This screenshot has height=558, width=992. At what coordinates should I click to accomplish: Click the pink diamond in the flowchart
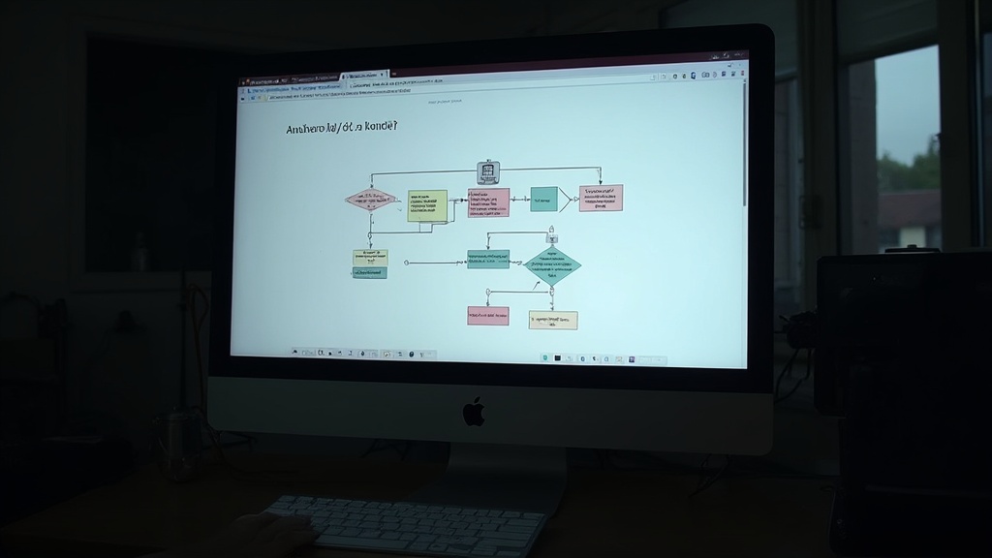tap(370, 200)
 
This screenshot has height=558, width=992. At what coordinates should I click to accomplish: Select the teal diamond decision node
tap(552, 266)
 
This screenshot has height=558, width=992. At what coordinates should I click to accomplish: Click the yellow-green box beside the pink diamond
tap(427, 205)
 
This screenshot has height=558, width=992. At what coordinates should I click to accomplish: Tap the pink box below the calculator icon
tap(488, 202)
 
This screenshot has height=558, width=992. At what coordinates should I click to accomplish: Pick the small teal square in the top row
tap(543, 200)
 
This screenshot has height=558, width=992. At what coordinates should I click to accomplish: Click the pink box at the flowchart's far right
tap(601, 198)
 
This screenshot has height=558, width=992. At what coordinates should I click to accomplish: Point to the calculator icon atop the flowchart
tap(488, 172)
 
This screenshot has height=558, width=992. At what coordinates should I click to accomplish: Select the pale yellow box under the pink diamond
tap(370, 257)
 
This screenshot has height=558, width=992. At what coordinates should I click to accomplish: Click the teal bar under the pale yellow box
tap(370, 273)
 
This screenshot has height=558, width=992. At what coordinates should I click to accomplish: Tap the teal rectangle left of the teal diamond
tap(488, 260)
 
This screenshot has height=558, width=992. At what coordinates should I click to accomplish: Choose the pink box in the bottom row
tap(488, 315)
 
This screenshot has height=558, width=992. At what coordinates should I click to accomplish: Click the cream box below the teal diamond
tap(553, 320)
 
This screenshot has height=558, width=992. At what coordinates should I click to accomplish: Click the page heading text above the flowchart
tap(342, 128)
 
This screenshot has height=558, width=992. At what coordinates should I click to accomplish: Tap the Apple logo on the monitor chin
tap(474, 412)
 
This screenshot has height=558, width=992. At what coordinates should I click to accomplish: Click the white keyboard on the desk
tap(407, 524)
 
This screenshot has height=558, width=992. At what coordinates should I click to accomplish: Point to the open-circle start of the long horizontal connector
tap(407, 262)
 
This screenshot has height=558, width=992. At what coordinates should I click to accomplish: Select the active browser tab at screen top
tap(365, 76)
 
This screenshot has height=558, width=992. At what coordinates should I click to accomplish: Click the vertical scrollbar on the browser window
tap(745, 145)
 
